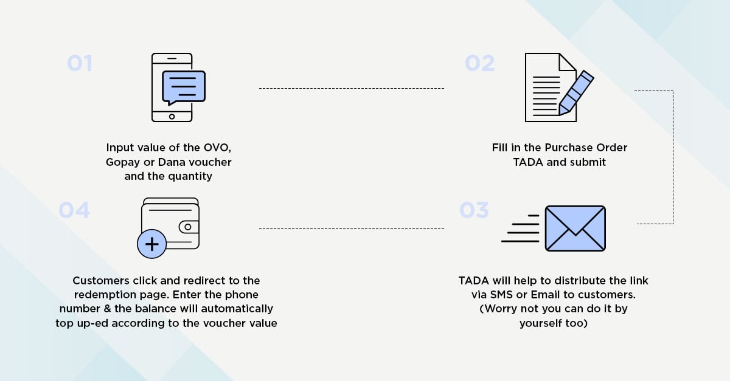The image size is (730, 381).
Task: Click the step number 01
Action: (80, 63)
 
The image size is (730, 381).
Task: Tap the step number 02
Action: (479, 63)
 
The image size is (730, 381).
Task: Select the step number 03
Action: (474, 210)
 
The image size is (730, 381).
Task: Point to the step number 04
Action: (74, 210)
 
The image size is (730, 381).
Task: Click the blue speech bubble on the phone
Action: (184, 88)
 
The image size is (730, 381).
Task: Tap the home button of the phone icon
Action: (172, 117)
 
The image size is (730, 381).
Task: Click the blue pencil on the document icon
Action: (576, 93)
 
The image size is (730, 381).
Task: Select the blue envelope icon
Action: (575, 228)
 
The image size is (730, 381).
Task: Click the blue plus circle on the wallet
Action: (152, 244)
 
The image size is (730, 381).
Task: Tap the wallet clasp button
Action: (188, 227)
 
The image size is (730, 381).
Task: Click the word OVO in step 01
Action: (217, 148)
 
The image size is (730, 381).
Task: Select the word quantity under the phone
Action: (190, 176)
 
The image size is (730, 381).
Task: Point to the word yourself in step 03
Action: (540, 323)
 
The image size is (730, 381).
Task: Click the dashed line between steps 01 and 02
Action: (352, 88)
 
